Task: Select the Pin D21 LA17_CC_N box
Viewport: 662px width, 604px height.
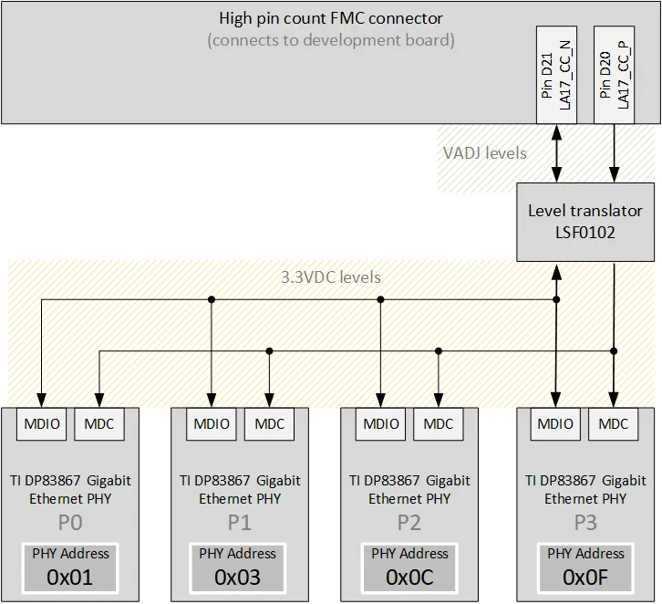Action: point(555,76)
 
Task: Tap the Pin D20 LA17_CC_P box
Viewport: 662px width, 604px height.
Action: point(614,76)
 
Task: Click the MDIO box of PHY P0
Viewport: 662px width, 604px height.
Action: point(42,423)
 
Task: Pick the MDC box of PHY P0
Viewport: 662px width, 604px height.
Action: point(98,423)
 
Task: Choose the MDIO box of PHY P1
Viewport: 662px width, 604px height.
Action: point(212,423)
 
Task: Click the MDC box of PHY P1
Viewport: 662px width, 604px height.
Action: point(269,423)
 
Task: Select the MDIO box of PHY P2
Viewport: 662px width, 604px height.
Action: point(381,423)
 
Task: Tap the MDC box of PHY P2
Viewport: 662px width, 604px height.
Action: point(439,423)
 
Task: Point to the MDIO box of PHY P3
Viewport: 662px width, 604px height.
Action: point(555,423)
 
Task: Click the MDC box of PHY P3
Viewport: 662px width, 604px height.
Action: point(614,423)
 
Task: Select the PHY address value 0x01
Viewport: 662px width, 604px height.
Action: point(69,577)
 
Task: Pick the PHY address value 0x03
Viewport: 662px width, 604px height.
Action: point(238,577)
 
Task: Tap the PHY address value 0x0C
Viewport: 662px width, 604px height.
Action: point(409,577)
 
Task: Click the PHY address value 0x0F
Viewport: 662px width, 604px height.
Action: point(585,577)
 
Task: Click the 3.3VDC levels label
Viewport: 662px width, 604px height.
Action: point(330,276)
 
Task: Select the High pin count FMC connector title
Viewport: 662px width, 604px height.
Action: point(331,18)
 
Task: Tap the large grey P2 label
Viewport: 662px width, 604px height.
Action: point(409,524)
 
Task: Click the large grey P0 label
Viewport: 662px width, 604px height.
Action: point(69,524)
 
